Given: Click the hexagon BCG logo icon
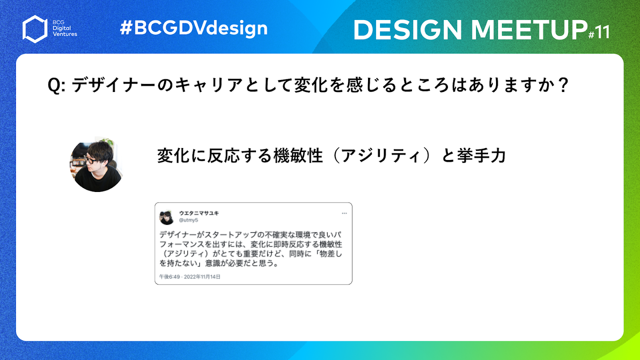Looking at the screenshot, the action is (x=35, y=29).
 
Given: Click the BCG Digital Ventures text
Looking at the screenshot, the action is (x=65, y=28).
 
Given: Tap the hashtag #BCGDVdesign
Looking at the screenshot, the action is (x=194, y=28).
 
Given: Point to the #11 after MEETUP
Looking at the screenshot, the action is (x=599, y=32).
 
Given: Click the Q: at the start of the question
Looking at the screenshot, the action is (x=56, y=85).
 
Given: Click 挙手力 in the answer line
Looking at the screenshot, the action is (x=481, y=156).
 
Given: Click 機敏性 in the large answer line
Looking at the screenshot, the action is (x=298, y=156).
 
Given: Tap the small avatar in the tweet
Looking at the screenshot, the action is (x=167, y=218).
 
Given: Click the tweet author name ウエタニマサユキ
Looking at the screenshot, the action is (x=199, y=213).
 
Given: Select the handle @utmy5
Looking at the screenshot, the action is (x=188, y=220).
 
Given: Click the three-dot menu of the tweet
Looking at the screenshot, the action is (x=344, y=213).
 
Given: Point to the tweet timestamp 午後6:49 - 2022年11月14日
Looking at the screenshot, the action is (x=190, y=276).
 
